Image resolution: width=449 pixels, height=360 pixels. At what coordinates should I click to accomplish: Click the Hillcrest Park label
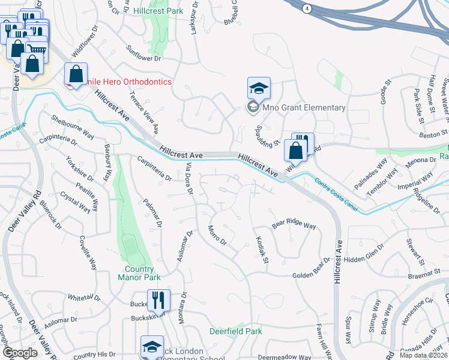pos(158,11)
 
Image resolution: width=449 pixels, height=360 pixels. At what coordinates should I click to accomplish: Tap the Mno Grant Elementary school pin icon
pos(259,89)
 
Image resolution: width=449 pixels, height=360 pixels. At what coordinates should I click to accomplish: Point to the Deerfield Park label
pos(236,331)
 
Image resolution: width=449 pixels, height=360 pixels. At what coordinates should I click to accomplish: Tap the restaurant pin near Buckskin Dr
pos(158,301)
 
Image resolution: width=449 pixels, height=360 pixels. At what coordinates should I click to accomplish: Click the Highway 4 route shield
pos(307,8)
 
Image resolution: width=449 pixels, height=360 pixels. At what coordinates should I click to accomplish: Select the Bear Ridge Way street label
pos(294,226)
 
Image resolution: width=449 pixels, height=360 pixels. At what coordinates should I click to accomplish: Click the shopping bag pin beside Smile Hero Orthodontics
pos(76,75)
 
